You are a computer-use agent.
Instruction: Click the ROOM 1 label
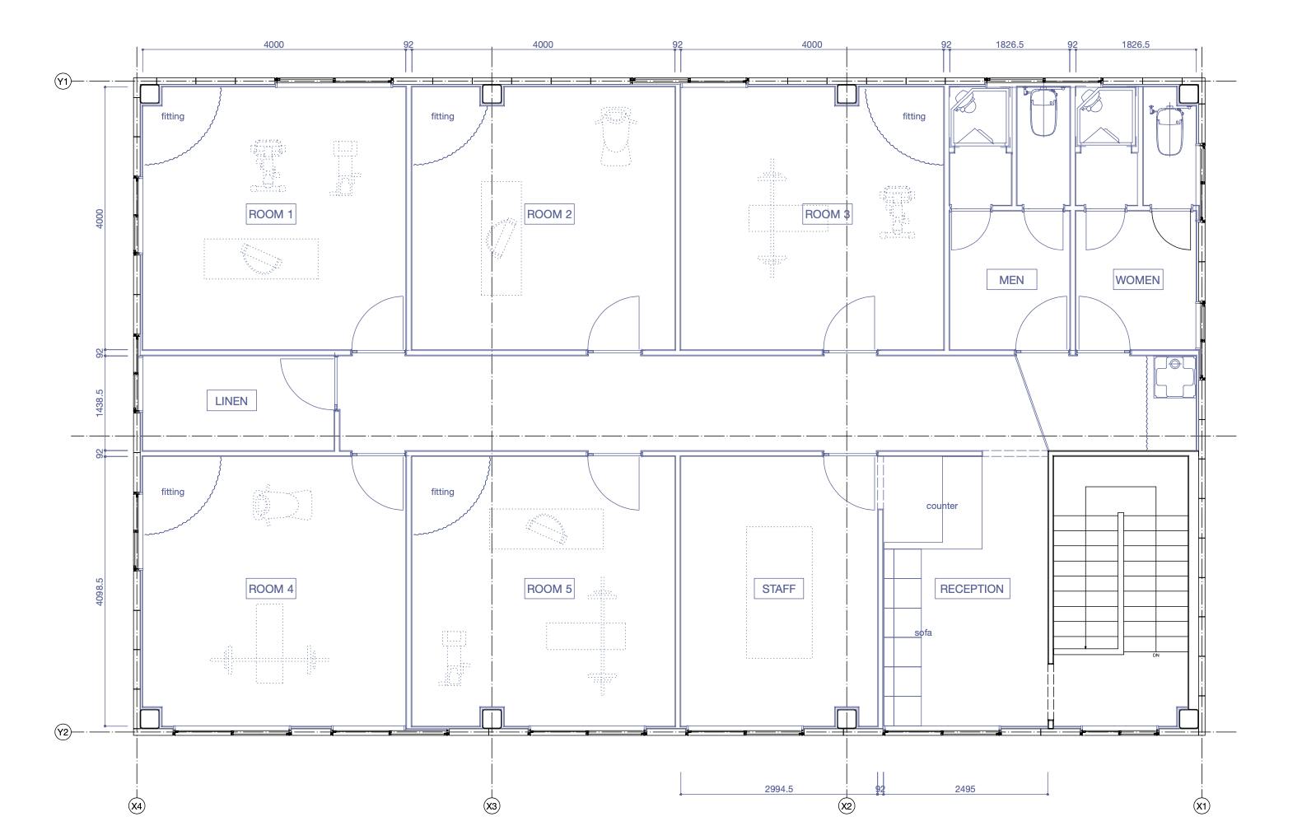point(271,214)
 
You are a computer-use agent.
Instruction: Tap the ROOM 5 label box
point(549,589)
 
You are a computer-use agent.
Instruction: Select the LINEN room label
point(231,401)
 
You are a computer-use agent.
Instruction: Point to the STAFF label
point(779,589)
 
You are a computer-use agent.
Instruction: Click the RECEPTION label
point(973,589)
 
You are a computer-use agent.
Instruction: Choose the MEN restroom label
point(1011,280)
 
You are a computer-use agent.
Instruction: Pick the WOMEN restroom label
point(1138,280)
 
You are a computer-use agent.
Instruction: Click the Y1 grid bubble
point(63,81)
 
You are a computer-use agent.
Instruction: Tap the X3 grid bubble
point(492,806)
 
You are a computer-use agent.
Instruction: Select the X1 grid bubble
point(1202,806)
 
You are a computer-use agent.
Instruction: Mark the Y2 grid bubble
point(63,732)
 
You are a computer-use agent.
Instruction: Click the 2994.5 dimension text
point(779,789)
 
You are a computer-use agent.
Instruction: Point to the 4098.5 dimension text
point(100,591)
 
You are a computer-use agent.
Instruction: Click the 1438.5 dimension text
point(100,403)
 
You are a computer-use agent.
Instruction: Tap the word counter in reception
point(942,506)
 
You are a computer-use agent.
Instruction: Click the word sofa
point(923,632)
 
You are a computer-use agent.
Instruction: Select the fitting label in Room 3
point(914,116)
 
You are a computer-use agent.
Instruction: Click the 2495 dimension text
point(965,789)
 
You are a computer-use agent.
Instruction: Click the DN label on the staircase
point(1155,655)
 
